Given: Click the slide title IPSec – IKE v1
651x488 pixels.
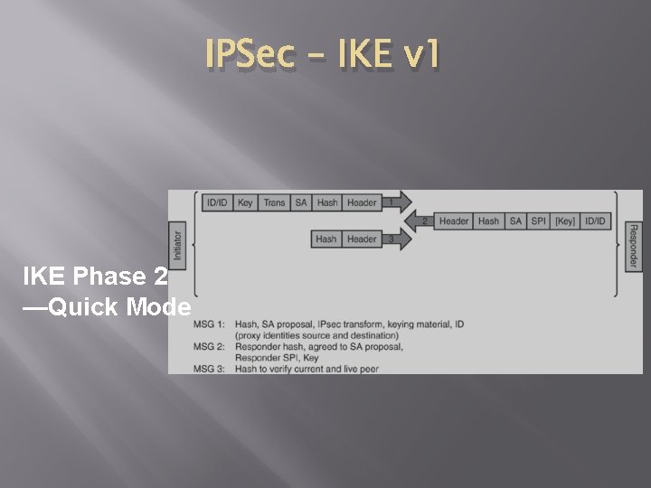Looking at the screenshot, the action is pyautogui.click(x=324, y=56).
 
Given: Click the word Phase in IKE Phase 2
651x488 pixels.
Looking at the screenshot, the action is pyautogui.click(x=108, y=277).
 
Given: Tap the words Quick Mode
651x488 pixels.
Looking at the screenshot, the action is pyautogui.click(x=119, y=307).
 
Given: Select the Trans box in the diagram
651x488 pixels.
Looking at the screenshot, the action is pyautogui.click(x=274, y=202).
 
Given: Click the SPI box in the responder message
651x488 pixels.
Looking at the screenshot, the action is pyautogui.click(x=539, y=221).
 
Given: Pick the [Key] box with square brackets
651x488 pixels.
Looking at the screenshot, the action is pyautogui.click(x=565, y=221).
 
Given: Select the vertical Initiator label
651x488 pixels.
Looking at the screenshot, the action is pyautogui.click(x=177, y=245).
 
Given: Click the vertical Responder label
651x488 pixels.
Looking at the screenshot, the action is pyautogui.click(x=632, y=246).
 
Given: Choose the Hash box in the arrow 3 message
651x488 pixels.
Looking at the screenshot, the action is pyautogui.click(x=325, y=239).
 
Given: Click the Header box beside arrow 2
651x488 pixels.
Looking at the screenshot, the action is pyautogui.click(x=454, y=221).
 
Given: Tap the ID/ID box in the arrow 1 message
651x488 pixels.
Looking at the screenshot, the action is pyautogui.click(x=217, y=202).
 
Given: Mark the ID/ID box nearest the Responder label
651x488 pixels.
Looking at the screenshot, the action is pyautogui.click(x=596, y=221).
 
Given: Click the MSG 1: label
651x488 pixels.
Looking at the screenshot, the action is pyautogui.click(x=210, y=324).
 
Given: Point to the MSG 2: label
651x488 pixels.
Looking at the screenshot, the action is pyautogui.click(x=210, y=346).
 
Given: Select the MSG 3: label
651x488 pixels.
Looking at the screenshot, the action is pyautogui.click(x=210, y=369).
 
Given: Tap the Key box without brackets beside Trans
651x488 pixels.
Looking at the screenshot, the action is pyautogui.click(x=245, y=202).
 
